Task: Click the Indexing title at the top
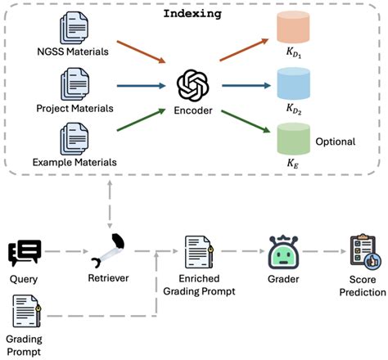(194, 15)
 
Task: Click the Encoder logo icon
(194, 84)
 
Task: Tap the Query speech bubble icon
(24, 253)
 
